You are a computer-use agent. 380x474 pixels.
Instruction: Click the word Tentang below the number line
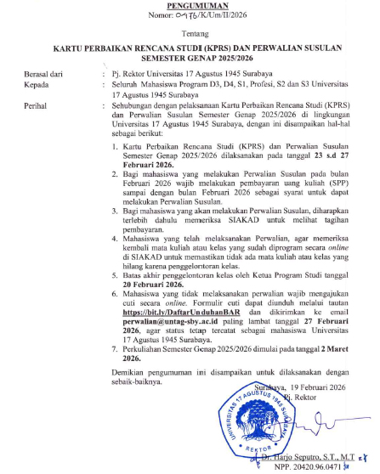190,35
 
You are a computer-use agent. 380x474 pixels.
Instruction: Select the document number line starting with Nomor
190,17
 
